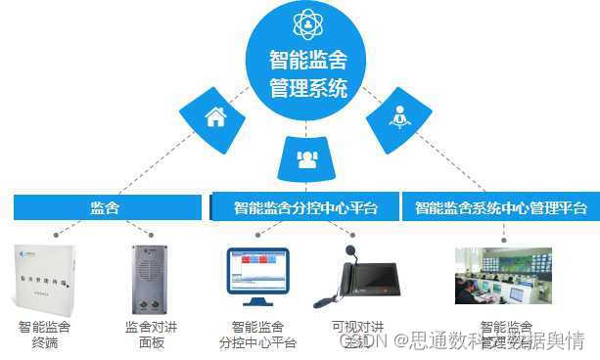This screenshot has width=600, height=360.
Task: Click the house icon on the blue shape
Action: coord(214,117)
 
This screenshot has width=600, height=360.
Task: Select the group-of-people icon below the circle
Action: coord(306,159)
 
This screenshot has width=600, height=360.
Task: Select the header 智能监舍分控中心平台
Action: coord(304,207)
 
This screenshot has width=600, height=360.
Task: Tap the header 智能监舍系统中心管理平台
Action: coord(500,207)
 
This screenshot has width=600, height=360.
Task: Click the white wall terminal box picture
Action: coord(44,279)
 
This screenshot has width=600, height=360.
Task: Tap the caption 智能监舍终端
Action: coord(44,334)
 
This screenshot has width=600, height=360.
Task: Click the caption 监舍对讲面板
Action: coord(150,334)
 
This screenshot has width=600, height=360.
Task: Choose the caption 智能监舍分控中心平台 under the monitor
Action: coord(257,334)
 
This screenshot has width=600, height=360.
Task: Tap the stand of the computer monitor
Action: coord(258,299)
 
